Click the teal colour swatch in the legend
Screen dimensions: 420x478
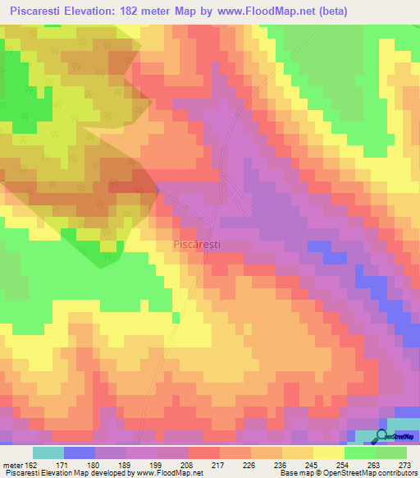pos(48,453)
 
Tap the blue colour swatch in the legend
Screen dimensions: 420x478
pos(80,453)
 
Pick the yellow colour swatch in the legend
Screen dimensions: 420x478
pos(328,453)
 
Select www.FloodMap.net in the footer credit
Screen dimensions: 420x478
pos(170,473)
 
